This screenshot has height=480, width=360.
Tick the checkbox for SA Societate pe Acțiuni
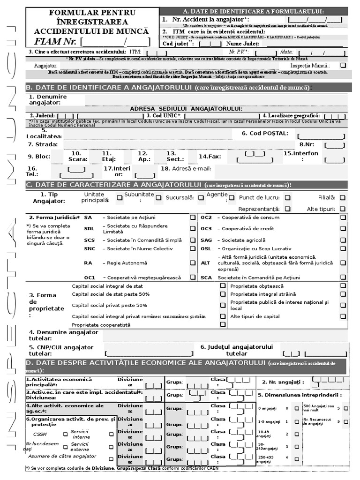pyautogui.click(x=193, y=217)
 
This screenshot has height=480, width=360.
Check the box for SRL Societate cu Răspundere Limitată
pyautogui.click(x=193, y=229)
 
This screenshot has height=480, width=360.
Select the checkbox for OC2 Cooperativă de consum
pyautogui.click(x=343, y=217)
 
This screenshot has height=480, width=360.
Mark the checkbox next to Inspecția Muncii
pyautogui.click(x=343, y=66)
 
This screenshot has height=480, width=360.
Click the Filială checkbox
pyautogui.click(x=343, y=198)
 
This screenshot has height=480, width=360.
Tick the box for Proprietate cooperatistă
pyautogui.click(x=223, y=324)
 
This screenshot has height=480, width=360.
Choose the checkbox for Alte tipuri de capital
pyautogui.click(x=343, y=316)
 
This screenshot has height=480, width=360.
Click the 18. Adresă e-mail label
pyautogui.click(x=186, y=168)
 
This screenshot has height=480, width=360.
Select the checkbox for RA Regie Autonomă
pyautogui.click(x=193, y=263)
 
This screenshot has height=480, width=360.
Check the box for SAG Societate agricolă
pyautogui.click(x=343, y=240)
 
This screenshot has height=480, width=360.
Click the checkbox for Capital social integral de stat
pyautogui.click(x=223, y=286)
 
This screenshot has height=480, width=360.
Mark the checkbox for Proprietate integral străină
pyautogui.click(x=343, y=294)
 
